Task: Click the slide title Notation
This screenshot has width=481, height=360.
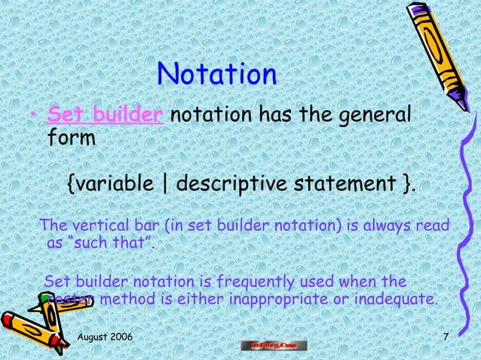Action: (217, 75)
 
